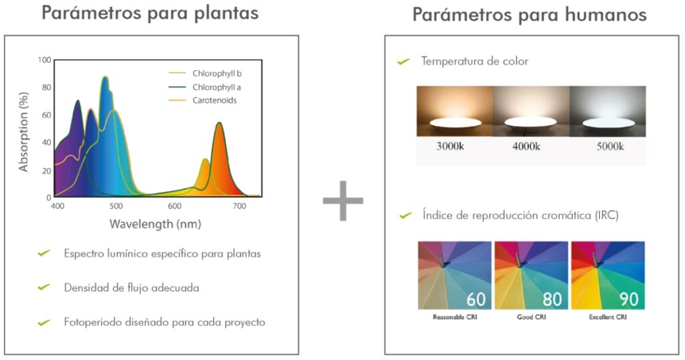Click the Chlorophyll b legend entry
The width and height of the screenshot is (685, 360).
pos(217,74)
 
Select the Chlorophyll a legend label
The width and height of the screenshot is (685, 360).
pos(216,88)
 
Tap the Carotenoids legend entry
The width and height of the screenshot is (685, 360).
pos(215,100)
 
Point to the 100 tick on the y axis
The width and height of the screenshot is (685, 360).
pos(44,60)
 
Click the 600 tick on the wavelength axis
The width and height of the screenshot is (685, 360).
pos(175,206)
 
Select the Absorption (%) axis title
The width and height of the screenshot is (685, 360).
pos(23,132)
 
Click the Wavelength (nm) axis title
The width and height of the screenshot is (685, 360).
pos(155,224)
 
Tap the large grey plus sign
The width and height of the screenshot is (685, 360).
pos(343,201)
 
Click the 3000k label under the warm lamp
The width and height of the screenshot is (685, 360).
pos(450,146)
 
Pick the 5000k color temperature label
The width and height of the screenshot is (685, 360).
pos(610,146)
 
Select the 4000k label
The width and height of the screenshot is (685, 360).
pos(526,146)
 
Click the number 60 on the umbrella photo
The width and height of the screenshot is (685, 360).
pos(476,299)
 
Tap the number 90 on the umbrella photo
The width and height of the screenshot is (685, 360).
pos(629,299)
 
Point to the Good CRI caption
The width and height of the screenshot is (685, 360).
pos(531,317)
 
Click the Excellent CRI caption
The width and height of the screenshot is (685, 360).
pos(607,317)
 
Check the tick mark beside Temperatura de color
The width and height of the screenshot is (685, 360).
pos(403,62)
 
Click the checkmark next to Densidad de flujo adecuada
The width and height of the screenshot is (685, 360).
pos(43,287)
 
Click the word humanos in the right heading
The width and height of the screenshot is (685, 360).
pos(605,15)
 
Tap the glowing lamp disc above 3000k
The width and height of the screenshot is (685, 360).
pos(455,122)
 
